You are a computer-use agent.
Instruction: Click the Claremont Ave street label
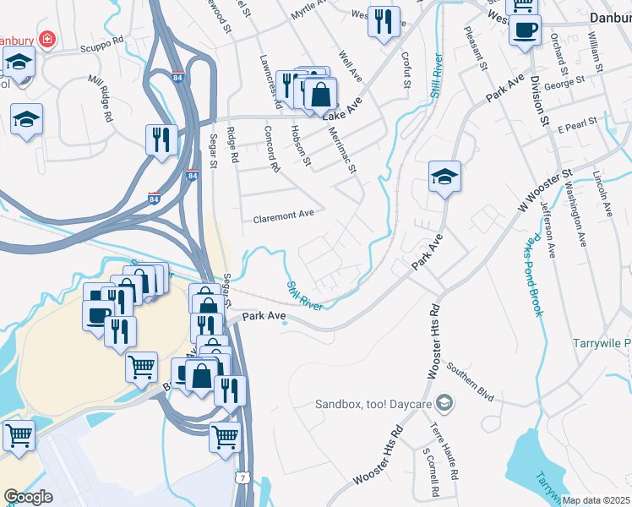[283, 215]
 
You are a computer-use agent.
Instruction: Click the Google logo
[28, 497]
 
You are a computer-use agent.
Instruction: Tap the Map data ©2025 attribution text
[596, 500]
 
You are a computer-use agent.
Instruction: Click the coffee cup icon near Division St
[525, 31]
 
